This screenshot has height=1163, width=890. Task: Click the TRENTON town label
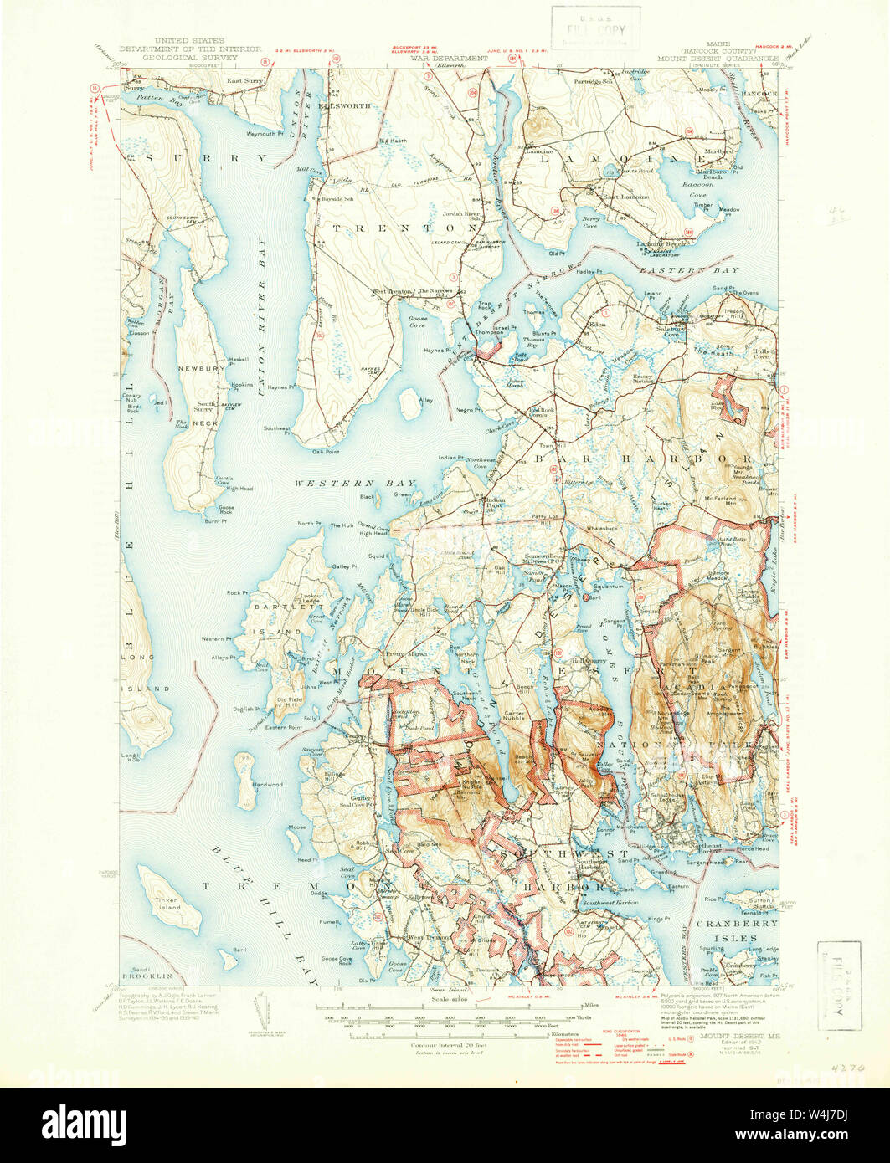point(407,228)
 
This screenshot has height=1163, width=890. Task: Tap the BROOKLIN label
point(147,976)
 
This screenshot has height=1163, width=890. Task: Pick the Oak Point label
point(326,451)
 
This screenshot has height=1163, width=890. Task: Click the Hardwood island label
point(268,785)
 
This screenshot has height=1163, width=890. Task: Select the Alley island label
point(426,401)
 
